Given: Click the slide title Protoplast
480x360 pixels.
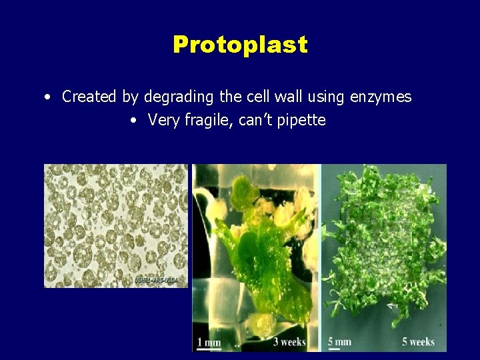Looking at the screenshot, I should (240, 45).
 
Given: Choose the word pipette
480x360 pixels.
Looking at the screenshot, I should (301, 121).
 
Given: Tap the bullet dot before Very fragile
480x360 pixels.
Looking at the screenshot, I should (134, 121).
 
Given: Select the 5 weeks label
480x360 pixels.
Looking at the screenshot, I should (418, 342).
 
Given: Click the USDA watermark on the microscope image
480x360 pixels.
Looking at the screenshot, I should (160, 280).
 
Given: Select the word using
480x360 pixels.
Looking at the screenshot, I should (325, 97).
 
